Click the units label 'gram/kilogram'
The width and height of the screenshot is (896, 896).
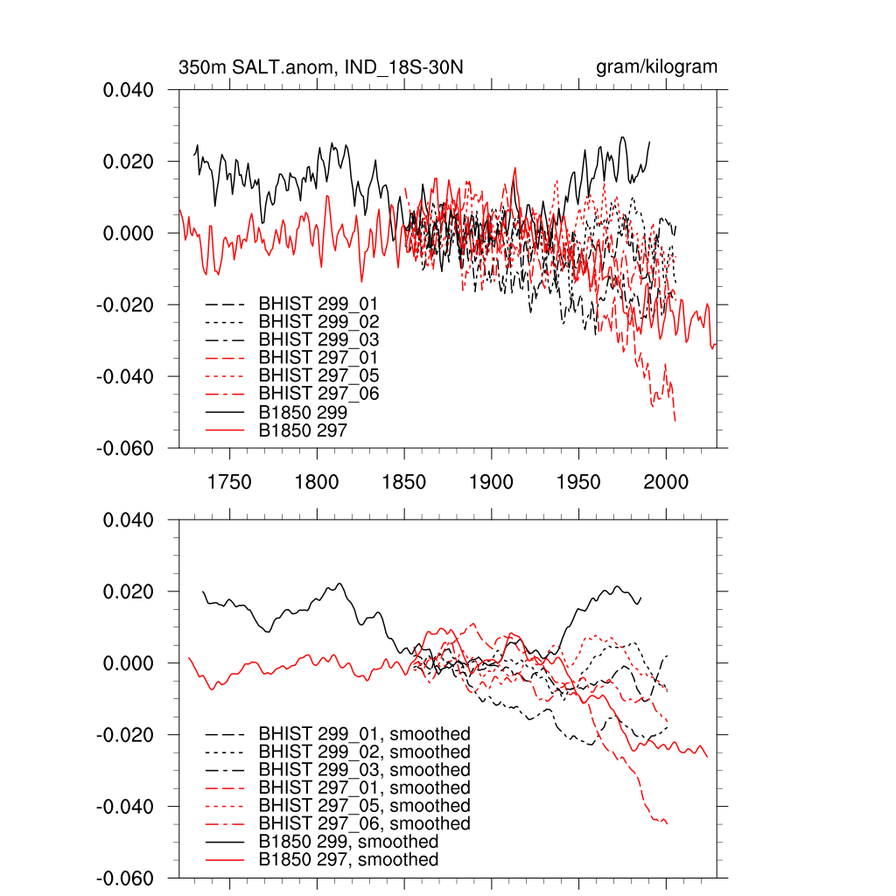pos(656,67)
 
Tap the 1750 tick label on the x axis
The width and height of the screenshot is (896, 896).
pos(229,482)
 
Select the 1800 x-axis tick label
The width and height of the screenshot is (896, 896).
pos(317,482)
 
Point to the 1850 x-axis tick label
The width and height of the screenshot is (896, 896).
pos(404,482)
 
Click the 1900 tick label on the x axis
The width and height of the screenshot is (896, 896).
pos(491,482)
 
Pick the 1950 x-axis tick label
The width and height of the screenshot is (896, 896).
pos(578,482)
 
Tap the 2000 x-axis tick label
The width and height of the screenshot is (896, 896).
pos(666,482)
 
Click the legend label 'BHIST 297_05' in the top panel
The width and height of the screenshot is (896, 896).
pos(318,375)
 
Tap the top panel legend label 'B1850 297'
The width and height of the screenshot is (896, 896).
pos(304,430)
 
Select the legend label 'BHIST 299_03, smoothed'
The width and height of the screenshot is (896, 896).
pos(364,770)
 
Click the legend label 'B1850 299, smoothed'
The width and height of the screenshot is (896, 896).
pos(348,842)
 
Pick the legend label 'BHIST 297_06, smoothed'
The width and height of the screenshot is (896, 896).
pos(364,823)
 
